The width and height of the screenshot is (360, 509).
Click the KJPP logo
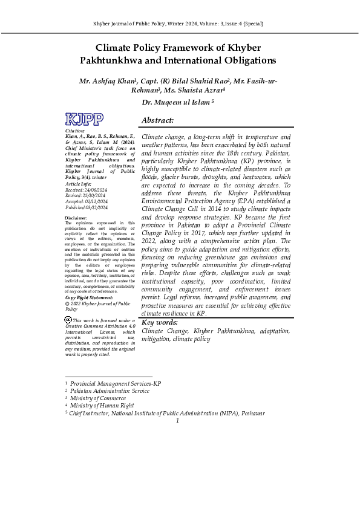(x=84, y=119)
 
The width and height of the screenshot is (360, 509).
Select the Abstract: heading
(x=157, y=121)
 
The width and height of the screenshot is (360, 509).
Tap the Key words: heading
(x=160, y=323)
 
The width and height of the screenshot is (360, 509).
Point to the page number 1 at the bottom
(x=178, y=421)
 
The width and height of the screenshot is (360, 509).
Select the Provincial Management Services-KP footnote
(x=116, y=384)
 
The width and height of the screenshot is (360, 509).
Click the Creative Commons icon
(x=68, y=319)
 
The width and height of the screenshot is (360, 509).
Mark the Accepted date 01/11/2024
(x=96, y=201)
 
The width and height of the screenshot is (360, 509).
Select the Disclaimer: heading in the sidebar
(x=77, y=217)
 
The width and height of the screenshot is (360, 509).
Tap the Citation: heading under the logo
(x=75, y=131)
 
